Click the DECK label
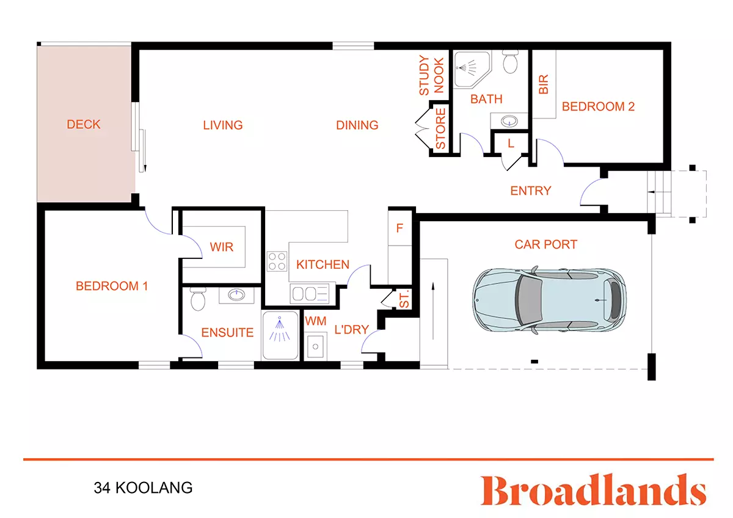pyautogui.click(x=84, y=125)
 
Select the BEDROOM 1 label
pyautogui.click(x=112, y=286)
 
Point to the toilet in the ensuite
pyautogui.click(x=197, y=300)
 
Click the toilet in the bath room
pyautogui.click(x=510, y=62)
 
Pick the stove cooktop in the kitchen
pyautogui.click(x=277, y=261)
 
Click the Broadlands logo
pyautogui.click(x=593, y=491)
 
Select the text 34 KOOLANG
pyautogui.click(x=143, y=488)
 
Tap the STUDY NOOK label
pyautogui.click(x=431, y=76)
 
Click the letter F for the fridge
pyautogui.click(x=400, y=228)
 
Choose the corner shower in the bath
pyautogui.click(x=471, y=67)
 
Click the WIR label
pyautogui.click(x=221, y=247)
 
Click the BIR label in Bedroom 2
pyautogui.click(x=543, y=84)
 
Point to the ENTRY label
pyautogui.click(x=531, y=191)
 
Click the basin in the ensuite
pyautogui.click(x=235, y=296)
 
